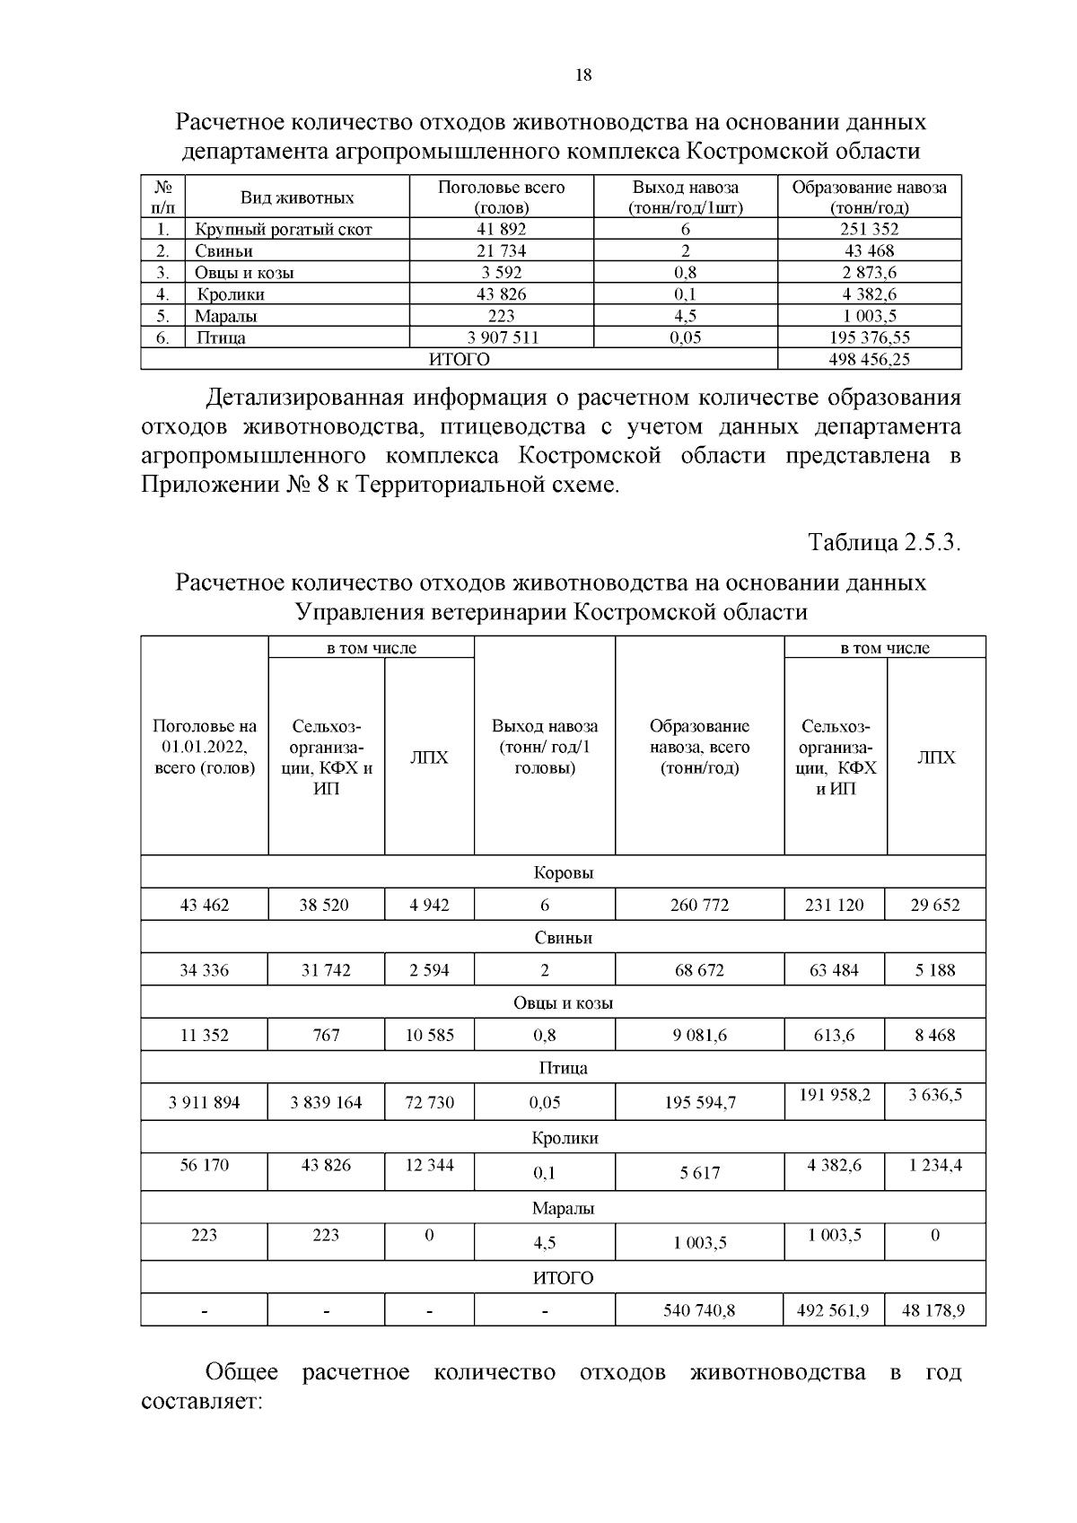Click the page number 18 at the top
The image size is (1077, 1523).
582,75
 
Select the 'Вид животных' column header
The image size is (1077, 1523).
297,198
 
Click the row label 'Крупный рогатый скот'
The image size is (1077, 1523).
284,230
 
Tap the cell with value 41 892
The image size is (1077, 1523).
502,229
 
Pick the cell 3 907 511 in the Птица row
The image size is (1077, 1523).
502,338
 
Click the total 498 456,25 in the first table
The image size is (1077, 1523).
869,360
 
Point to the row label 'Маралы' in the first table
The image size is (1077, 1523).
226,316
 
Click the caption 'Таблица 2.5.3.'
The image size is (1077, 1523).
884,543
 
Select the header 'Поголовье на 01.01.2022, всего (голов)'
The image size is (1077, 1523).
205,747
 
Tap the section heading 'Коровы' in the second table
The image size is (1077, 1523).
564,872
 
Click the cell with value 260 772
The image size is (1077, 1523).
699,905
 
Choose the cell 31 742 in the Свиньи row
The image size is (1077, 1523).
326,970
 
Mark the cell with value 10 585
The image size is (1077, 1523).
429,1035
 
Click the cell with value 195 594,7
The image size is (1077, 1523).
699,1103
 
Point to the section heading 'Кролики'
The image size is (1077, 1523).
564,1137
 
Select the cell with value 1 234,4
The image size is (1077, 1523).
935,1165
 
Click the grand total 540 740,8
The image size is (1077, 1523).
699,1310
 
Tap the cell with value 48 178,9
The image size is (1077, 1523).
935,1310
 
